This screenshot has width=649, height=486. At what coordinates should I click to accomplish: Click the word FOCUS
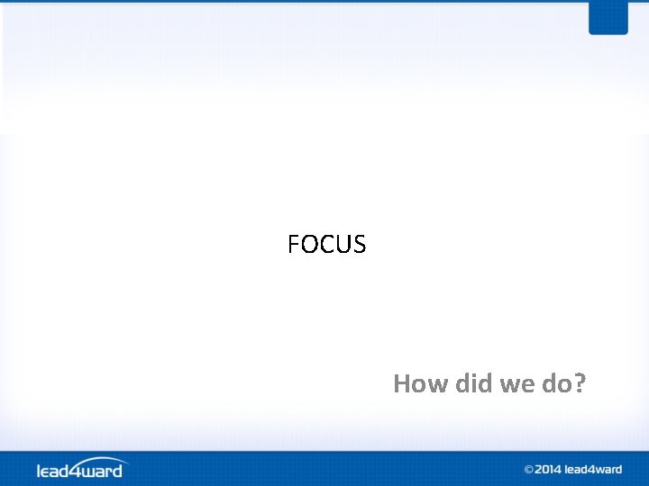tap(326, 244)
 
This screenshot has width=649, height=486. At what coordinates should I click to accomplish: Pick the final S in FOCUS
tap(359, 244)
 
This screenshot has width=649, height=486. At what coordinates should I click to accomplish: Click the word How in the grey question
tap(420, 384)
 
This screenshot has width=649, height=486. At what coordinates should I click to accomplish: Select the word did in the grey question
tap(472, 384)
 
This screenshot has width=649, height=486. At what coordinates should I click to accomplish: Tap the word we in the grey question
tap(517, 385)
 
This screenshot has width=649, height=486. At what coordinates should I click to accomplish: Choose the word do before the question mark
tap(557, 384)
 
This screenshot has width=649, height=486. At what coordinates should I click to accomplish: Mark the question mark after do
tap(580, 384)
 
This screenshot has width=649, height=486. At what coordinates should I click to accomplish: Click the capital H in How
tap(402, 384)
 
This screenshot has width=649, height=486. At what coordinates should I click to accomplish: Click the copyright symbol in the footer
tap(529, 470)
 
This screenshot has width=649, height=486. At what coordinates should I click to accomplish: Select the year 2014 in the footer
tap(548, 470)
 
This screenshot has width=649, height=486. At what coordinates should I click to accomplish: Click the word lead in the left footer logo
tap(53, 471)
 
